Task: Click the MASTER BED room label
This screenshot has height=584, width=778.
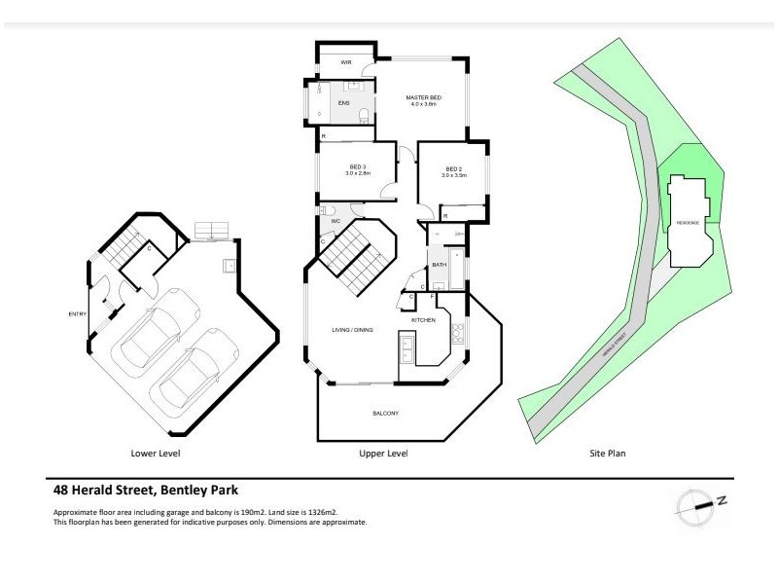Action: pos(424,96)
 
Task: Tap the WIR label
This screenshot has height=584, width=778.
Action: pos(345,62)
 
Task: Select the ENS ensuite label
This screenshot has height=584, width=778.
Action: pos(343,102)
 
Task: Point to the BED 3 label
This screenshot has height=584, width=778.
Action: pos(357,166)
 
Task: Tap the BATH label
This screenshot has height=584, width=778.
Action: pos(439,264)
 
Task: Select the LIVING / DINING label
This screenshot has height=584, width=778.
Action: pos(351,331)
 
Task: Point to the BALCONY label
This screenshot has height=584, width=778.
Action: pos(386,413)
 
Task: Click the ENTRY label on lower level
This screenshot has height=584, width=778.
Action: pos(77,313)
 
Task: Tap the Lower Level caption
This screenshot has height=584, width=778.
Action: pos(156,454)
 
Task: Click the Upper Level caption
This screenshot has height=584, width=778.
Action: pos(383,454)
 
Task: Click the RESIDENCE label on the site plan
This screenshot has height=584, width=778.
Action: pos(689,223)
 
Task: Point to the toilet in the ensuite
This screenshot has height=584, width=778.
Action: pos(364,118)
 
